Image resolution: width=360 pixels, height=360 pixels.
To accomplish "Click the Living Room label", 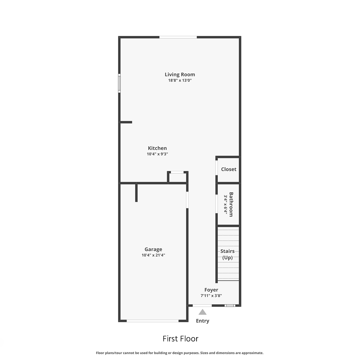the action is tap(180, 74).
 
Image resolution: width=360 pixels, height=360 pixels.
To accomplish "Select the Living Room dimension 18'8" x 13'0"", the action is tap(180, 80).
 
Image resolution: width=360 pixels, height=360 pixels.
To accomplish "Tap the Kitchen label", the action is tap(157, 148).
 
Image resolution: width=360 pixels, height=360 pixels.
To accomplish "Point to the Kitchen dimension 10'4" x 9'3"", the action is tap(157, 154).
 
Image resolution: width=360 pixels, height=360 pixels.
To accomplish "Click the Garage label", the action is tap(153, 249).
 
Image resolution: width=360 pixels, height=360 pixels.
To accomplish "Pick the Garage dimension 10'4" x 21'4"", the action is tap(153, 255).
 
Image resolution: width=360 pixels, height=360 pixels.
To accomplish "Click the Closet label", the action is tap(229, 169).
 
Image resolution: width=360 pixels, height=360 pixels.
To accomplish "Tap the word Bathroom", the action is tap(231, 204).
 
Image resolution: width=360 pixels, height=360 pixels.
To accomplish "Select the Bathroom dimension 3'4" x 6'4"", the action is tap(226, 205).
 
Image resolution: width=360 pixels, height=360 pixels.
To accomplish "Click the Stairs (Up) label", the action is tap(227, 254).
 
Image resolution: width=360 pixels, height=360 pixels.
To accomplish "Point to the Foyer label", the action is tap(211, 290).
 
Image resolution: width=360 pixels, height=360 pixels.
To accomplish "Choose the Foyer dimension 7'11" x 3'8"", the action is tap(211, 295).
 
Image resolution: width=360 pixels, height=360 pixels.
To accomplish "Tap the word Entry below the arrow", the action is tap(202, 321).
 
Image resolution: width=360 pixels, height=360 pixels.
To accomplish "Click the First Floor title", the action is tap(181, 339).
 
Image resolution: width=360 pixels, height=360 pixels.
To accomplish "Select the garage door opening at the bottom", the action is tap(153, 321).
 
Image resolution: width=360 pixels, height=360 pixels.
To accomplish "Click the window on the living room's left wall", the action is tap(119, 83).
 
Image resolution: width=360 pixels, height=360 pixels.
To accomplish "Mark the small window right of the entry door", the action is tap(230, 306).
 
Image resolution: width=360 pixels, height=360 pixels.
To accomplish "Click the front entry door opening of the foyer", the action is tap(202, 305).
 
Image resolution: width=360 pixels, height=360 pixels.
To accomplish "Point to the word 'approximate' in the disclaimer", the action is tap(252, 353).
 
